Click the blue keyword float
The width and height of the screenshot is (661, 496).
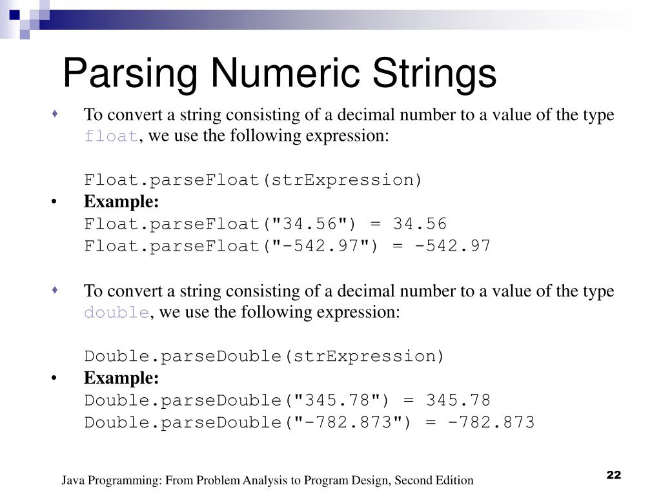click(x=111, y=137)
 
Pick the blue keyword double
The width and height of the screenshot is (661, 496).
click(x=117, y=313)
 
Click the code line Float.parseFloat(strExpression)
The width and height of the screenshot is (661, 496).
click(x=253, y=180)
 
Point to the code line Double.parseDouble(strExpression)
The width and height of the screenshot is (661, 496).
click(x=265, y=356)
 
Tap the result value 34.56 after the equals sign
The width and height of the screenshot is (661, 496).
click(x=420, y=224)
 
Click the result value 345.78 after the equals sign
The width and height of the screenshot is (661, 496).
click(x=458, y=400)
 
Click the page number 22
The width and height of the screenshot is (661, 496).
click(x=613, y=475)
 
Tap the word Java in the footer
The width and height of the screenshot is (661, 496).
click(x=73, y=480)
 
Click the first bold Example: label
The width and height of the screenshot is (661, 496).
click(x=121, y=202)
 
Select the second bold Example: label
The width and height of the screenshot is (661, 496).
click(x=121, y=378)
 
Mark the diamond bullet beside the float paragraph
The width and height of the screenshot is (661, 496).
click(x=56, y=115)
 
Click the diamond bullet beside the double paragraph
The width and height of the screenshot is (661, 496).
click(x=56, y=291)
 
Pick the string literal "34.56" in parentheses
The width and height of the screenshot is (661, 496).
click(x=314, y=224)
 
